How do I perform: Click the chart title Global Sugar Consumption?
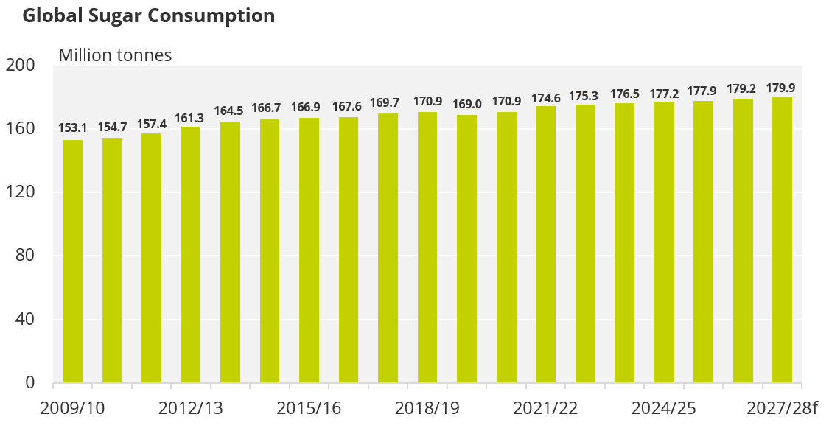coord(149,16)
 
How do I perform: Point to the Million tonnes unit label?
coord(115,55)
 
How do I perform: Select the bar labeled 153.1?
coord(72,262)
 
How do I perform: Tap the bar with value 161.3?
coord(191,255)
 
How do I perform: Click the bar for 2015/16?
coord(309,250)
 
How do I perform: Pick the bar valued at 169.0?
coord(467,248)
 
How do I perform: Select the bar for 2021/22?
coord(545,245)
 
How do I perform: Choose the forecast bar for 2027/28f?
coord(783,240)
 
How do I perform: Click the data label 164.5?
coord(228,111)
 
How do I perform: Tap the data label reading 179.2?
coord(741,88)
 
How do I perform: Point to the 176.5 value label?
coord(624,94)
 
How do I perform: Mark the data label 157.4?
coord(152,124)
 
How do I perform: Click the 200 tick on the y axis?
coord(20,65)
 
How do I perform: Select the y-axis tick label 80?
coord(25,256)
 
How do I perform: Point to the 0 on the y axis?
coord(30,382)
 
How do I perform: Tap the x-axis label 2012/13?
coord(191,408)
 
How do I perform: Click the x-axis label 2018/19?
coord(427,408)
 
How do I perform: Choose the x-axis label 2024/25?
coord(664,408)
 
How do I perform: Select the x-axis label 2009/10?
coord(72,408)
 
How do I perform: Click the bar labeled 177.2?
coord(664,242)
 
